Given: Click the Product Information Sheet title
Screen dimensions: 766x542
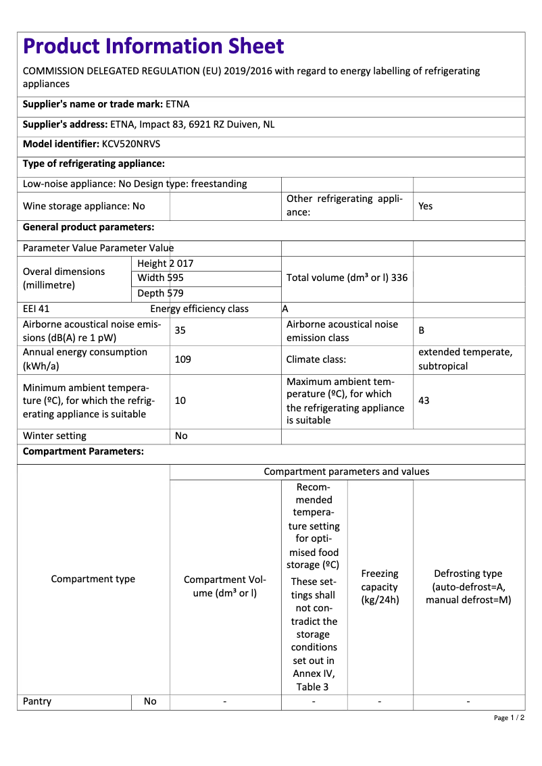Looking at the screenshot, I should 153,46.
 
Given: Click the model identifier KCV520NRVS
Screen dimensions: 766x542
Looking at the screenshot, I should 131,144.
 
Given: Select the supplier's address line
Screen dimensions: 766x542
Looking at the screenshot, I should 149,124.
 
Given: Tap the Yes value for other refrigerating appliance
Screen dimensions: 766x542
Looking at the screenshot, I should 426,206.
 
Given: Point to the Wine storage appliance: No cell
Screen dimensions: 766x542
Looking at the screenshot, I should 84,206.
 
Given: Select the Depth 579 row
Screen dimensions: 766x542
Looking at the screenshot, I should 160,293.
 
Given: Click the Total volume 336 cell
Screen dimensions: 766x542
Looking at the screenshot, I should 347,278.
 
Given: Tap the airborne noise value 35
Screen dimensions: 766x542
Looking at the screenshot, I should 180,331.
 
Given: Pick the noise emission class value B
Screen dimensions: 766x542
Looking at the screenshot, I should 422,331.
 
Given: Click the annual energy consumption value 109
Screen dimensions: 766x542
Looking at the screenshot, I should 182,359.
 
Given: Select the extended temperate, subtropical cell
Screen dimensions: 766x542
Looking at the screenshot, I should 466,359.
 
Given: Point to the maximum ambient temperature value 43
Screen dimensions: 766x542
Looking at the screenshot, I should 424,401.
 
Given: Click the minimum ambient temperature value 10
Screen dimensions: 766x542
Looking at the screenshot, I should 180,401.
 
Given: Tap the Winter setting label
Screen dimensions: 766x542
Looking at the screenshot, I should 55,436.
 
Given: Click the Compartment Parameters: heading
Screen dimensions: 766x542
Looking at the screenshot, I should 83,452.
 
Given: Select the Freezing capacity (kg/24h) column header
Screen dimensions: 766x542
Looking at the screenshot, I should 380,586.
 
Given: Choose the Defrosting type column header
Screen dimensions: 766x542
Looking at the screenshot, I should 468,586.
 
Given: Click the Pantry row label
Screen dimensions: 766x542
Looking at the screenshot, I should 37,701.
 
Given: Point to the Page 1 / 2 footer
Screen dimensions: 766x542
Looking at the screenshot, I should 509,717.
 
